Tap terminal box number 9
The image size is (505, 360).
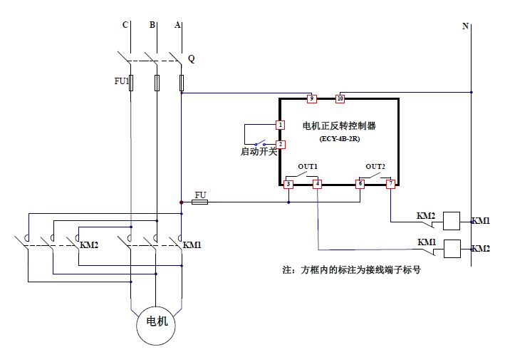[x=311, y=98]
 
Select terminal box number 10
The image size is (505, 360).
[x=340, y=98]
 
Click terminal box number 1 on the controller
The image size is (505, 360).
[x=281, y=125]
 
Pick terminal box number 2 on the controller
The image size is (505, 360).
[x=281, y=144]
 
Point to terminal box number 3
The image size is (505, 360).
[x=288, y=184]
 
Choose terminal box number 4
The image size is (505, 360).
[x=317, y=184]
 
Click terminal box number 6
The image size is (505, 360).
[x=360, y=184]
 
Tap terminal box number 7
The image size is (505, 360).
[x=390, y=184]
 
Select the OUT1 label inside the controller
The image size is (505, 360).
[x=307, y=166]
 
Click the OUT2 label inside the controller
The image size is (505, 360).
[x=375, y=166]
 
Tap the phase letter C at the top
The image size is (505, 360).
[x=125, y=26]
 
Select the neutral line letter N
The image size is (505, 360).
[x=465, y=26]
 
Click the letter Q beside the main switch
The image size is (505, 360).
[x=191, y=58]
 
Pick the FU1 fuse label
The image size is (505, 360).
[x=122, y=81]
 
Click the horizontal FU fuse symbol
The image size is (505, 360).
[x=200, y=202]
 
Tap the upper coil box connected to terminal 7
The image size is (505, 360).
[x=452, y=221]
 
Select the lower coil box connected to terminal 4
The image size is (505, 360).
[x=452, y=248]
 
